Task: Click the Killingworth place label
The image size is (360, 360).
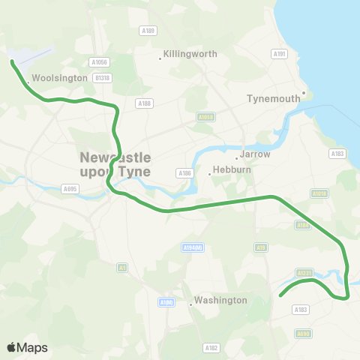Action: click(190, 55)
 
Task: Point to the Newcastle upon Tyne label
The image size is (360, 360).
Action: click(115, 164)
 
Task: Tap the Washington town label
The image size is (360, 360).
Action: click(220, 300)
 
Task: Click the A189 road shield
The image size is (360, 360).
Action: click(148, 31)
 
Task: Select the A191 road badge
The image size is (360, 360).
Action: click(280, 54)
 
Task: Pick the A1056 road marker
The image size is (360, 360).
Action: click(98, 62)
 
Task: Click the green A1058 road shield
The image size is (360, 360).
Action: click(205, 117)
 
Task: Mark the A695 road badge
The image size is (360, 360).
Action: click(70, 189)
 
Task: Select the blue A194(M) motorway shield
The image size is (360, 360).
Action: click(193, 247)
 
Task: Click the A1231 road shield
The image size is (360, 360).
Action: click(304, 273)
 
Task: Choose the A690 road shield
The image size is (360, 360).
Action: click(303, 334)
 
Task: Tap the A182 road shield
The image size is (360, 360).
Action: click(211, 348)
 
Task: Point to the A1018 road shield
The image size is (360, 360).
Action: click(319, 193)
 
